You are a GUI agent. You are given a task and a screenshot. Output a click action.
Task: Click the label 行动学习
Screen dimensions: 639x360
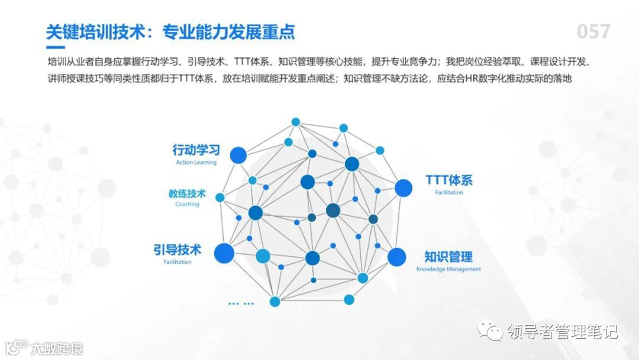click(196, 150)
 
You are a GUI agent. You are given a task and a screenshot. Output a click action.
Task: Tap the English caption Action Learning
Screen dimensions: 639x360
click(196, 162)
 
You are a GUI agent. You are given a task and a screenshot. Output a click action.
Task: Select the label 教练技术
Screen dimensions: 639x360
click(187, 194)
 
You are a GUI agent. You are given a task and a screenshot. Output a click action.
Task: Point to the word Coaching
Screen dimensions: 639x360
click(187, 204)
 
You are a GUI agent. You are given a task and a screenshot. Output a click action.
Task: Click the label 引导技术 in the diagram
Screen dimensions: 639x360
click(177, 249)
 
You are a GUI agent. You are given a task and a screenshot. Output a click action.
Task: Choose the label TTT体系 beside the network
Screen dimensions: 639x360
click(449, 180)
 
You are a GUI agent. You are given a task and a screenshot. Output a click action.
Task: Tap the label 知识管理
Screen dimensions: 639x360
click(448, 257)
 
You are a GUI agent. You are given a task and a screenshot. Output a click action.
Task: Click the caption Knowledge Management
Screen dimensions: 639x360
click(448, 269)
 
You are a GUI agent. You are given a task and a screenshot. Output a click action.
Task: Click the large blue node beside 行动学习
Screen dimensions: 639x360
click(238, 155)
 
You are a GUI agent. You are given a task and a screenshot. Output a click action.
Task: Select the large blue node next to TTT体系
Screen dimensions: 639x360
click(404, 188)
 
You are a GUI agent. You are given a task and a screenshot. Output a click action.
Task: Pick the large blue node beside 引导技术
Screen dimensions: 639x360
click(224, 253)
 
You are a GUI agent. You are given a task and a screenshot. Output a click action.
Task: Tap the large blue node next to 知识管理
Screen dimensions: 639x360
click(397, 257)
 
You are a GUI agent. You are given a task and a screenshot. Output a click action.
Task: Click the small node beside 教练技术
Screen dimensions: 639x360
click(220, 197)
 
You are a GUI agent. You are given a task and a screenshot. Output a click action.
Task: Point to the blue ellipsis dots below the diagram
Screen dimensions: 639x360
click(241, 304)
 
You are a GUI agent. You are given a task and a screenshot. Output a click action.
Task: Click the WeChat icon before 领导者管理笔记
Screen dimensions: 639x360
click(490, 330)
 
